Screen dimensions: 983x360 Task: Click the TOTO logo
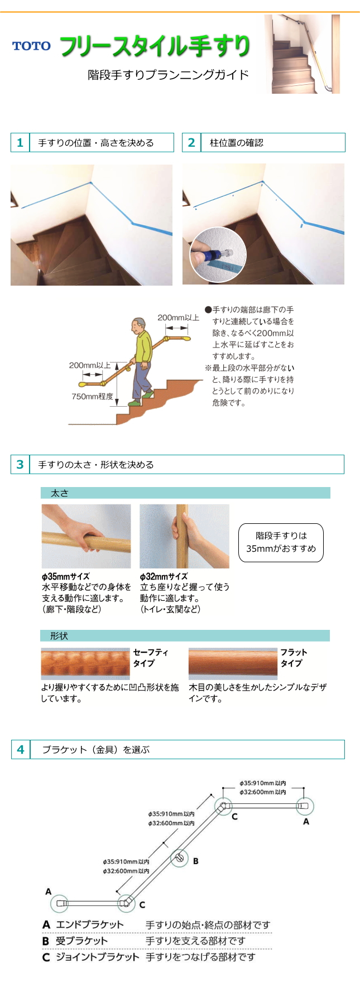(x=31, y=46)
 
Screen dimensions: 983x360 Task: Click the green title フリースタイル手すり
(x=155, y=46)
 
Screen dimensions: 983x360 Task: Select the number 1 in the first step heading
(x=20, y=143)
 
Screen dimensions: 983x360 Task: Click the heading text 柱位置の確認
(x=236, y=143)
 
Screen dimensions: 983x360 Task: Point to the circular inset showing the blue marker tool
(x=218, y=254)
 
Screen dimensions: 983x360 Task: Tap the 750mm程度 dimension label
(x=92, y=397)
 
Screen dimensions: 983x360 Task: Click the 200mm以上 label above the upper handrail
(x=178, y=317)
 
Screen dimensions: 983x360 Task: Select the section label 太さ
(x=60, y=493)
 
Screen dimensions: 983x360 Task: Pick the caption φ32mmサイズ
(x=164, y=576)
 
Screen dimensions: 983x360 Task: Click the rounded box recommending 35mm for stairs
(x=281, y=542)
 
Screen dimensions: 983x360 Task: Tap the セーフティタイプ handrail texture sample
(x=85, y=663)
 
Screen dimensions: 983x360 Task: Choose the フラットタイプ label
(x=293, y=658)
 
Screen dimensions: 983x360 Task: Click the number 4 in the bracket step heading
(x=21, y=750)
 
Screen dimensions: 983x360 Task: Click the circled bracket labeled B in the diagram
(x=179, y=859)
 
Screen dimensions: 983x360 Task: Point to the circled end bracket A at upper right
(x=304, y=806)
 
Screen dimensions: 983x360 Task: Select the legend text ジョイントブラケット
(x=98, y=957)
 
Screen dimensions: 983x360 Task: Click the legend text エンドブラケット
(x=90, y=924)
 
